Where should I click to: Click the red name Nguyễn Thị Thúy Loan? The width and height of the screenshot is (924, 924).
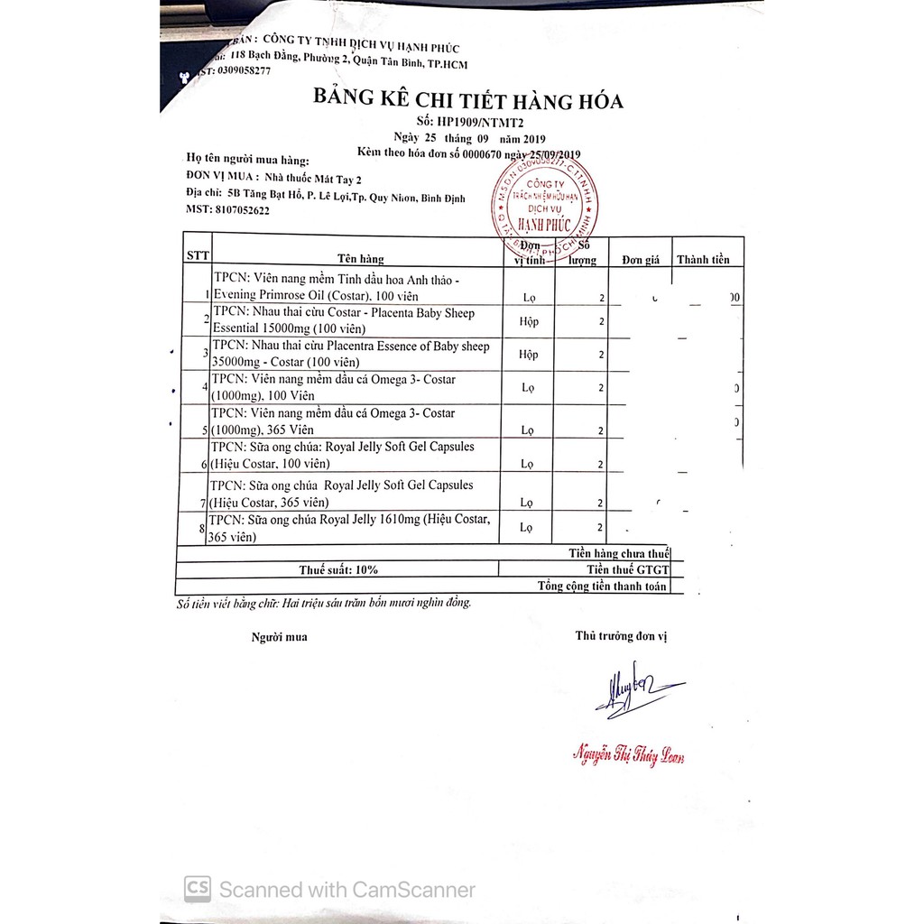628,755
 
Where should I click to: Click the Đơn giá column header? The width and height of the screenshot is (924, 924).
641,260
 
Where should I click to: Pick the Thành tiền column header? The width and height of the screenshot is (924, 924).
703,260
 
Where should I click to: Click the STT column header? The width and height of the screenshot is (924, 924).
197,255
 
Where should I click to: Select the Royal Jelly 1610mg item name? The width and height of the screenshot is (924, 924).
348,528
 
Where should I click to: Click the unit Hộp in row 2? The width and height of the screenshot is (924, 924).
528,321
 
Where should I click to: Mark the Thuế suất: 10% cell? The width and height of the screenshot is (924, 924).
338,569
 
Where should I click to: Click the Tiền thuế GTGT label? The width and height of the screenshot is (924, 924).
627,569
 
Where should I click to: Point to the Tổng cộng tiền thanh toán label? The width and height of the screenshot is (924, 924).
602,586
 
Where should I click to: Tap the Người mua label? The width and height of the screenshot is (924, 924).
279,637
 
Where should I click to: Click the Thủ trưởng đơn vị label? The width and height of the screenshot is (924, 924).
620,635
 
